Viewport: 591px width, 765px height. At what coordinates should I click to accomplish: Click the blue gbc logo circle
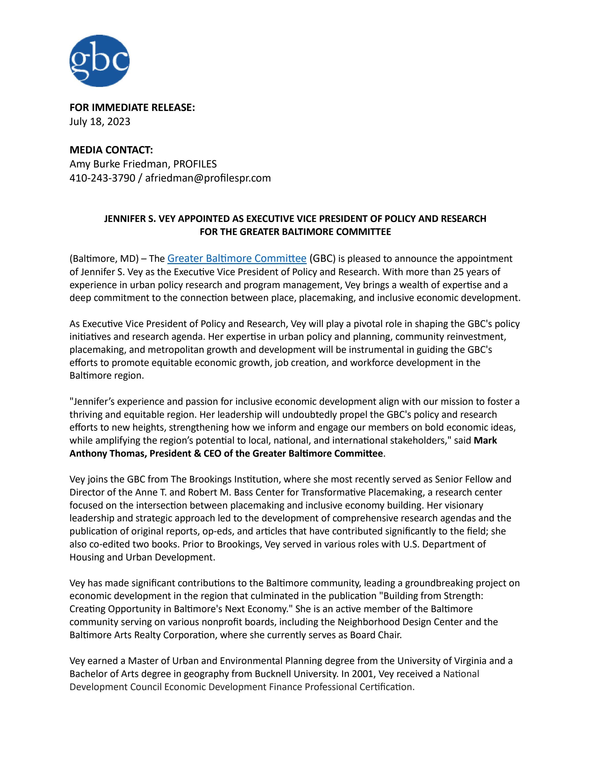[x=99, y=61]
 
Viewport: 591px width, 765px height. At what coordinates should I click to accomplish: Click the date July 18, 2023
[x=100, y=121]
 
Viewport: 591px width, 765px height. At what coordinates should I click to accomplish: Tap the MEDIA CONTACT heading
[x=111, y=150]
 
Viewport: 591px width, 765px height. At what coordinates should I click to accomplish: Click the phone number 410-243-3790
[x=102, y=178]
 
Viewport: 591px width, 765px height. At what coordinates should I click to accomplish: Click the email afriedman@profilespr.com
[x=208, y=178]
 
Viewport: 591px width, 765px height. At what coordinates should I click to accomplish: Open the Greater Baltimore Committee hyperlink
[x=237, y=258]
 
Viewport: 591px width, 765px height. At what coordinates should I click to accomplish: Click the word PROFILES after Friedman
[x=195, y=164]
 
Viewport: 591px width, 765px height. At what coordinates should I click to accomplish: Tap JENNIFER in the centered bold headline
[x=122, y=219]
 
